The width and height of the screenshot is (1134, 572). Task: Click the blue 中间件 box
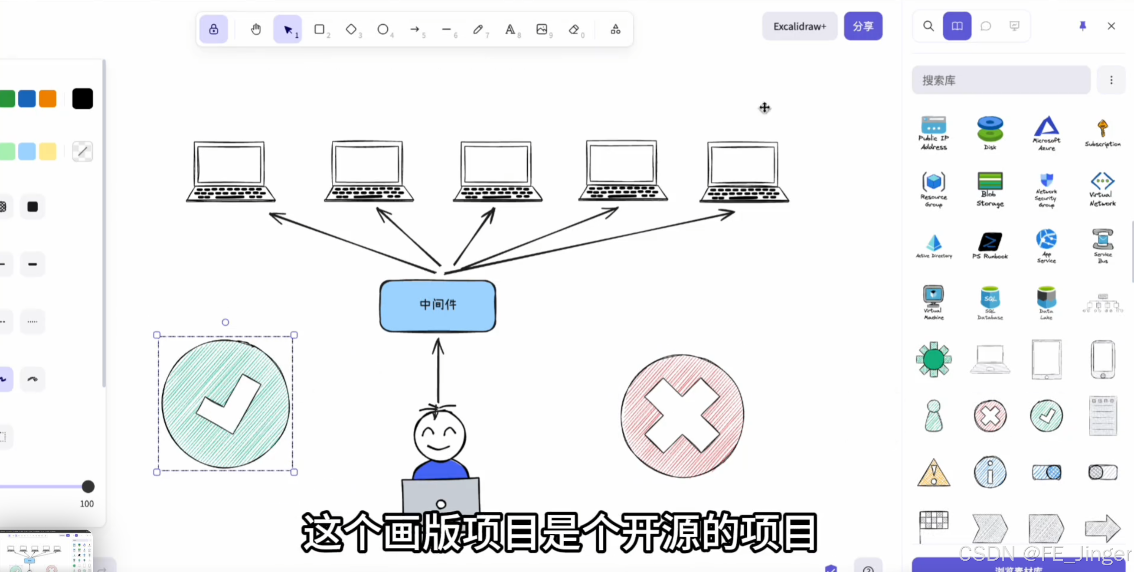[438, 306]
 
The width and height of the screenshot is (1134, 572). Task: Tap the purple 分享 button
[863, 26]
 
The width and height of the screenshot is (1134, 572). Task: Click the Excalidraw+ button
[799, 26]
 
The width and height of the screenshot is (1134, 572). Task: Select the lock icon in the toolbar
[213, 29]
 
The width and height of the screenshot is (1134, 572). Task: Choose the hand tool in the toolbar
[256, 29]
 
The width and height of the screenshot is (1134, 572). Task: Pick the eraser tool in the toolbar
[574, 29]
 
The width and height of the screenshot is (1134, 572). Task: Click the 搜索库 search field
[1000, 80]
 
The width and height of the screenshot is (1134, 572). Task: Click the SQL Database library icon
[990, 302]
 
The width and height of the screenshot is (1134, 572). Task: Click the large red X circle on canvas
[682, 416]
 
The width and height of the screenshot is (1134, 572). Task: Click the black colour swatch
[82, 98]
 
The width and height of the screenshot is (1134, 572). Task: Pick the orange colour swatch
[48, 98]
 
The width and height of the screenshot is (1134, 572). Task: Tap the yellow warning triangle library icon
[933, 473]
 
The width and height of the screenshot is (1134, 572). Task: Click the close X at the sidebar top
[1111, 26]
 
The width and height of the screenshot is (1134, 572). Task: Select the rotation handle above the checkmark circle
[225, 322]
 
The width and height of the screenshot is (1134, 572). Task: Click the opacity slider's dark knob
[88, 487]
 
